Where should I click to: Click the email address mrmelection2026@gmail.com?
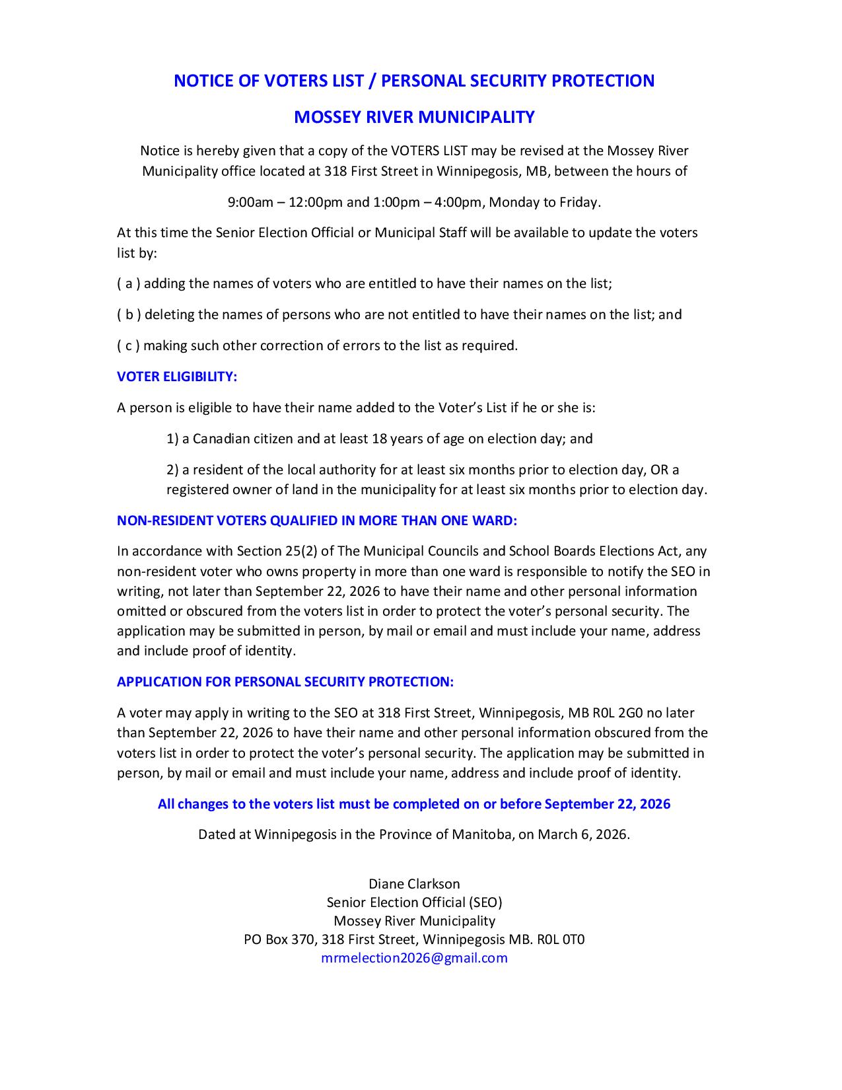tap(414, 958)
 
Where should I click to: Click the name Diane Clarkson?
tap(414, 884)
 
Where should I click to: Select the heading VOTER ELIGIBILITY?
tap(177, 377)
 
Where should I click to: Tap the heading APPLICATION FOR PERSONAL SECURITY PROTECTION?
tap(285, 682)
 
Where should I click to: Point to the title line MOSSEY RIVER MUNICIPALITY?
tap(414, 117)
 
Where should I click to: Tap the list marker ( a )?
tap(128, 284)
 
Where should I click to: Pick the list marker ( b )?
tap(129, 314)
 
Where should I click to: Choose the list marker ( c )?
tap(128, 345)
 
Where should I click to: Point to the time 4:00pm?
tap(462, 202)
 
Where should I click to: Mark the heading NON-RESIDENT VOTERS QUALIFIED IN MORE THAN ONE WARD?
tap(317, 521)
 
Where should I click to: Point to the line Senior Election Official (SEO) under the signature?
tap(414, 902)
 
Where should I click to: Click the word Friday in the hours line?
tap(579, 202)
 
